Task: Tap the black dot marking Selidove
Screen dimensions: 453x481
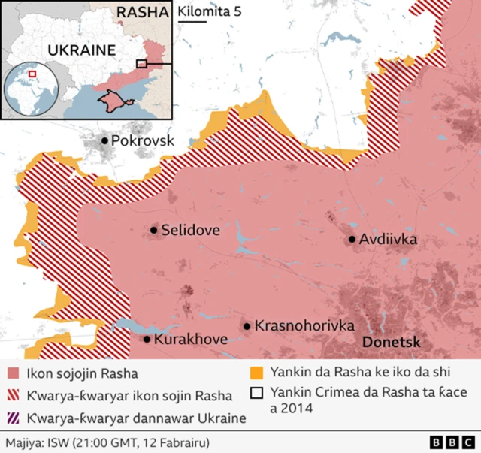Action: (x=154, y=231)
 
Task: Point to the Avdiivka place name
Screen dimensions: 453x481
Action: (x=388, y=240)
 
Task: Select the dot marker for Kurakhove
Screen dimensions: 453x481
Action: (x=147, y=340)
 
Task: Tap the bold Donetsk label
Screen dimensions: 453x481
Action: (x=392, y=342)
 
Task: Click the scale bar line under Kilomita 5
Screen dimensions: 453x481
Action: (x=192, y=23)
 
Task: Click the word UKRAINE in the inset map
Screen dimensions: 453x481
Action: (x=81, y=51)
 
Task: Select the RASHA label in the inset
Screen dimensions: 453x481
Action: (x=143, y=12)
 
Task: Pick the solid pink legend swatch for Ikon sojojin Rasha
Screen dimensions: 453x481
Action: (x=13, y=373)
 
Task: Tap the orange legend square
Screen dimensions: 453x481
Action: (x=256, y=373)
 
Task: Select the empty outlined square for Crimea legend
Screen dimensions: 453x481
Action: (x=256, y=392)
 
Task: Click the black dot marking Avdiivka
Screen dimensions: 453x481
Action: (x=352, y=240)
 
